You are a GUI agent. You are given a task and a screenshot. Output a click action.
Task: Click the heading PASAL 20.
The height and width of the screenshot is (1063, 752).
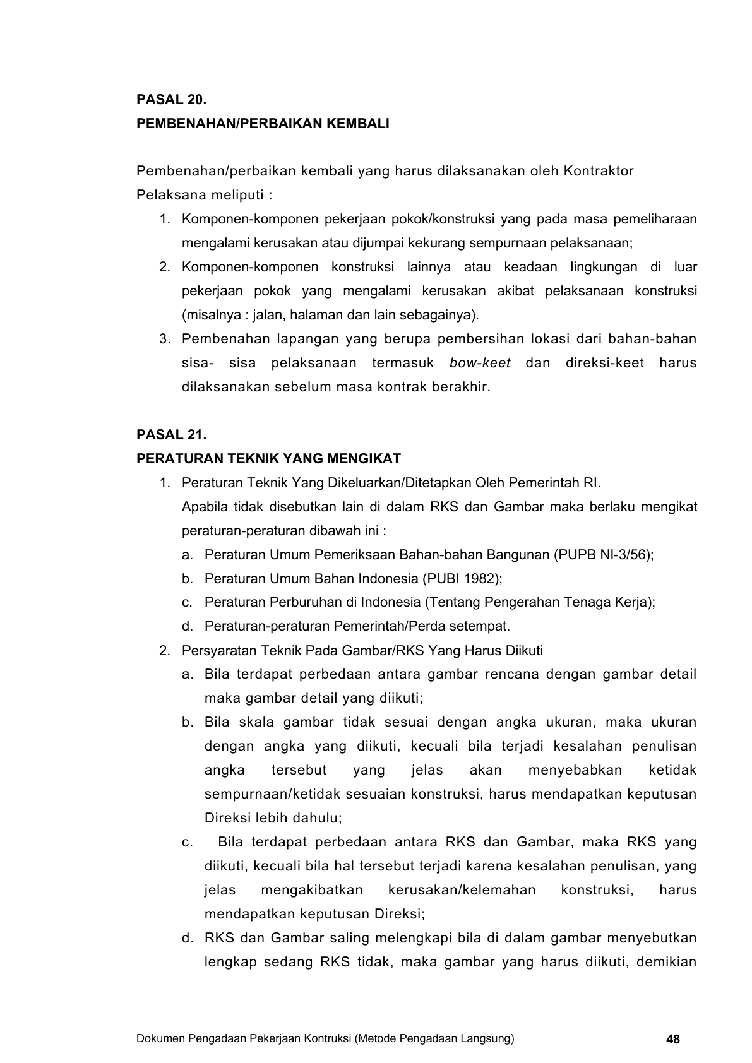pyautogui.click(x=172, y=100)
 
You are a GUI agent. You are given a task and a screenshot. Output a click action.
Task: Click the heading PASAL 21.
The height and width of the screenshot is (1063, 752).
pyautogui.click(x=172, y=435)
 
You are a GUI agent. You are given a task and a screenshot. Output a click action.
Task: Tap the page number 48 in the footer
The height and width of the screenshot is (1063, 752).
pyautogui.click(x=673, y=1040)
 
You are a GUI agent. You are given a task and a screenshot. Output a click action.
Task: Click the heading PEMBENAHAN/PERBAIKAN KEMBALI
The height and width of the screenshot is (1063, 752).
pyautogui.click(x=263, y=124)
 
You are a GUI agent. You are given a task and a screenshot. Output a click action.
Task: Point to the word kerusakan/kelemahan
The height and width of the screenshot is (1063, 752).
pyautogui.click(x=462, y=890)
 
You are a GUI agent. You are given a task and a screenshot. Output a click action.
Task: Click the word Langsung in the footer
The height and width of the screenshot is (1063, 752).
pyautogui.click(x=490, y=1038)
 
